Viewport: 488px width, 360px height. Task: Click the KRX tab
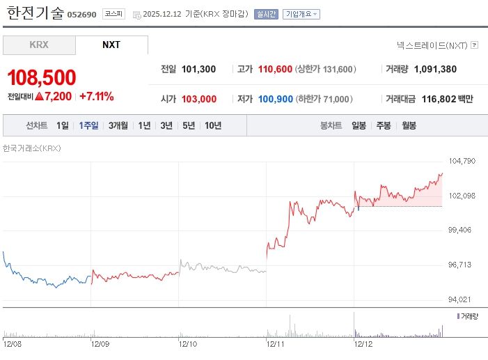(x=39, y=45)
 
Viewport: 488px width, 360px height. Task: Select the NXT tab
(x=111, y=45)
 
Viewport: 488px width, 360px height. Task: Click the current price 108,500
(x=42, y=77)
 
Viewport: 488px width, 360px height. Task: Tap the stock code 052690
(x=81, y=14)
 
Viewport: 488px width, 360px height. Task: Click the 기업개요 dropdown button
(x=301, y=14)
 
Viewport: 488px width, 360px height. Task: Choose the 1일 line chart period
(x=63, y=125)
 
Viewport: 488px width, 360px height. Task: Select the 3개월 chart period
(x=118, y=125)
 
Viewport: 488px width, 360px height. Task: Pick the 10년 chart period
(x=212, y=125)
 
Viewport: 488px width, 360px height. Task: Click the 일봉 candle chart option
(x=359, y=125)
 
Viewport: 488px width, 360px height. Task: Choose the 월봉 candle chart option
(x=409, y=125)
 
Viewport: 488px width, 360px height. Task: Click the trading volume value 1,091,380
(x=435, y=69)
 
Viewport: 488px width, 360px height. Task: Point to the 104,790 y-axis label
(x=462, y=161)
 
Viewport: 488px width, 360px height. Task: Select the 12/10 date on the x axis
(x=188, y=343)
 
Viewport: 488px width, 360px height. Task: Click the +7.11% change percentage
(x=97, y=96)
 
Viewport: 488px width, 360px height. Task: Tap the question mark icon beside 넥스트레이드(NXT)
(x=474, y=45)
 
